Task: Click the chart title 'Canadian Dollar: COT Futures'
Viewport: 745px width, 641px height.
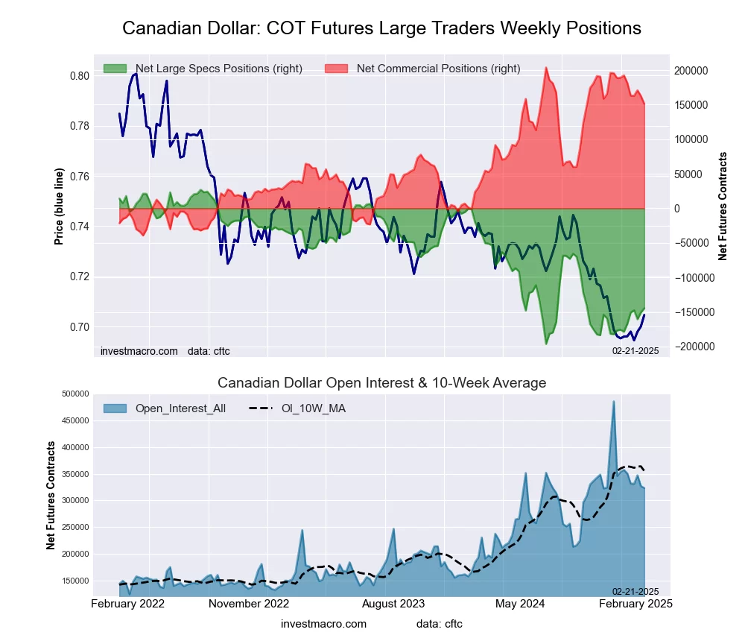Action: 381,28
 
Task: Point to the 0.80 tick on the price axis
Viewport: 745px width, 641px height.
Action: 79,76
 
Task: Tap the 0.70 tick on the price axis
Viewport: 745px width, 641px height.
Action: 79,327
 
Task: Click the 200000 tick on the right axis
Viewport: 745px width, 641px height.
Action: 691,71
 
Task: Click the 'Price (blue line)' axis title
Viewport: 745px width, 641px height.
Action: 59,206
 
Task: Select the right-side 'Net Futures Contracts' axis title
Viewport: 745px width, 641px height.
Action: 722,206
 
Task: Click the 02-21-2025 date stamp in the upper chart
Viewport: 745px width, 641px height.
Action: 635,350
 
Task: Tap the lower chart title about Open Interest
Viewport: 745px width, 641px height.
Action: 381,383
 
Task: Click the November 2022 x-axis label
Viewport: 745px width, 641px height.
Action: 248,604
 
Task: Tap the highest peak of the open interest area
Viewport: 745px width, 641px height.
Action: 614,402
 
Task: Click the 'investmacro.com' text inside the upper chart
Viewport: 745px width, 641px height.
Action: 139,350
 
